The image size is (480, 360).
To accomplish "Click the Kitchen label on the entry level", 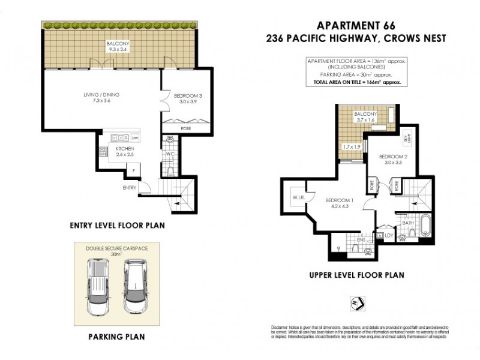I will [118, 148].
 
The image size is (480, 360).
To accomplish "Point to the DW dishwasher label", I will [134, 137].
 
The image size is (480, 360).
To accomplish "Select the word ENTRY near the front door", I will [129, 188].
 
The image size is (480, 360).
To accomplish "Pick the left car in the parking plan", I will [98, 286].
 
